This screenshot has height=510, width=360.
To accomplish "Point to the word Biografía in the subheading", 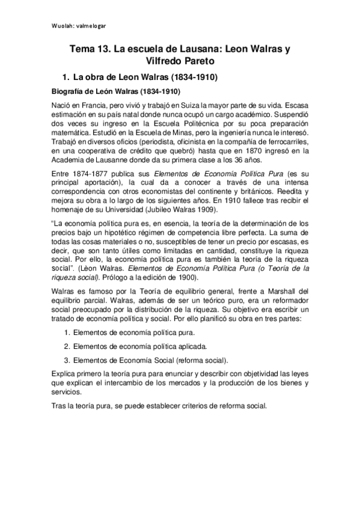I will point(67,92).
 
